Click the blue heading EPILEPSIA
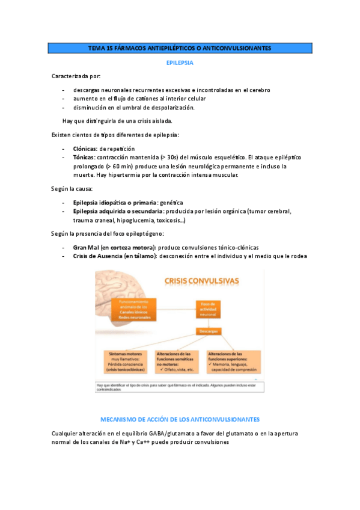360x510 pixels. coord(179,62)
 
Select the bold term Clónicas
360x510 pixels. coord(84,149)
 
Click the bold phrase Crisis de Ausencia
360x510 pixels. coord(97,256)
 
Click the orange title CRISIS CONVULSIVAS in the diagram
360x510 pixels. coord(201,281)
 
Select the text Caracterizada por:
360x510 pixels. coord(76,76)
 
